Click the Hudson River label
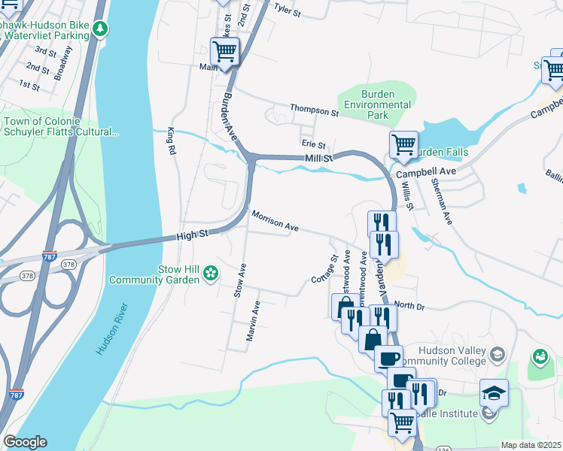114,329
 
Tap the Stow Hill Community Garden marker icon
212,274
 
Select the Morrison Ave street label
275,222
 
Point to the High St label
192,236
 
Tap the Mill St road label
319,158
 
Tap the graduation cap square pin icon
495,392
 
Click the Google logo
24,442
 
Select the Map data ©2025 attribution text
531,445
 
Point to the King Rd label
172,141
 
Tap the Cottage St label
324,268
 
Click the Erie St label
313,144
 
